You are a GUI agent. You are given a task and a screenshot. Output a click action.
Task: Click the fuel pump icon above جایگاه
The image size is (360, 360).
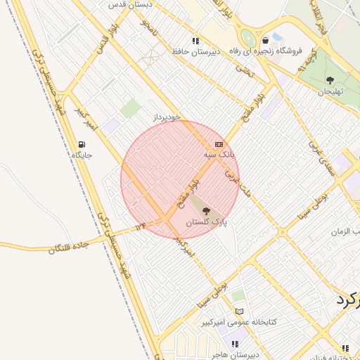[x=83, y=145]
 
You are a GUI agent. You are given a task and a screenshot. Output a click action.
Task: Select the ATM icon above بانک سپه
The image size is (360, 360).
[x=218, y=143]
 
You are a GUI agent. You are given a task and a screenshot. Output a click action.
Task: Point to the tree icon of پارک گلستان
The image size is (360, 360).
[x=206, y=211]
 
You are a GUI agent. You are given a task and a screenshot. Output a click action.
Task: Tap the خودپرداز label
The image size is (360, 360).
[x=167, y=117]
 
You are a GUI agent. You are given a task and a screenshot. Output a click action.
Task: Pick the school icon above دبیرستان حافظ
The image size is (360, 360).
[x=195, y=41]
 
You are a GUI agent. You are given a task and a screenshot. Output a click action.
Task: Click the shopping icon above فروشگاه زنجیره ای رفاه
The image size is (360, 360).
[x=264, y=40]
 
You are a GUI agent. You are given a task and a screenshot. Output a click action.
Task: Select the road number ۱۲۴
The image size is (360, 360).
[x=141, y=226]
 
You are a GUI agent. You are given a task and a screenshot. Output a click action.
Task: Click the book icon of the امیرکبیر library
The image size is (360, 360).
[x=240, y=311]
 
